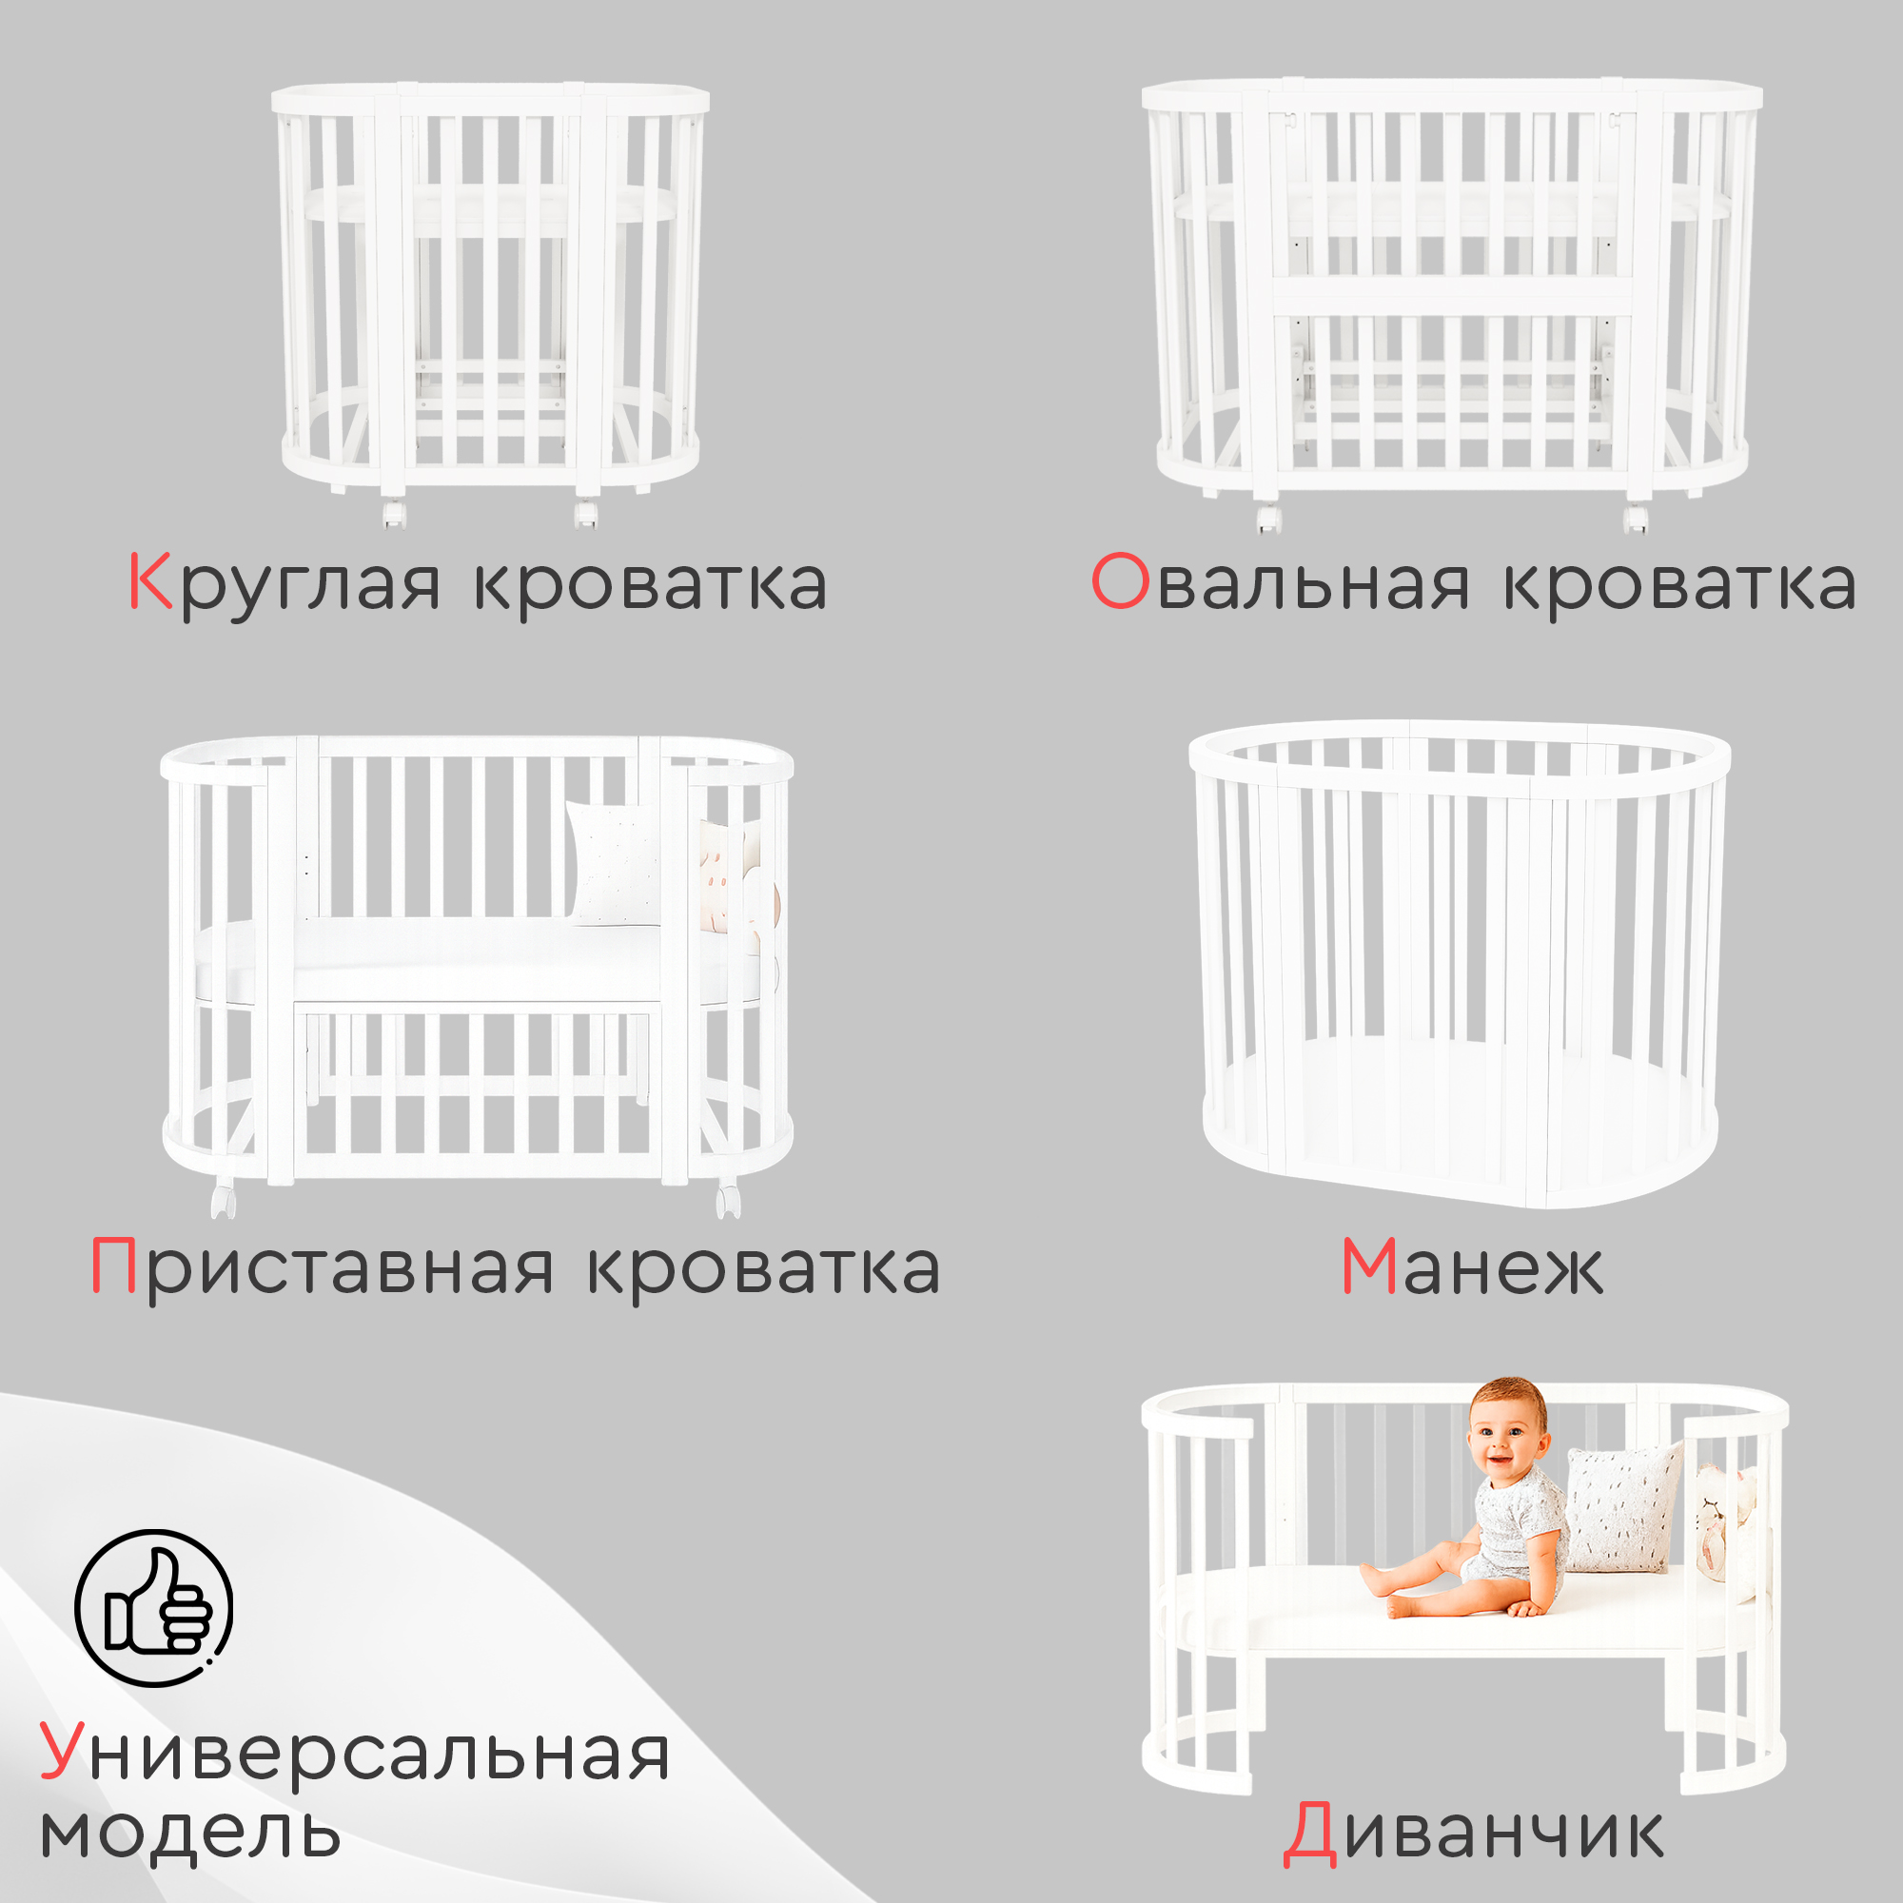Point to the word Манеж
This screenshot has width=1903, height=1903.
[x=1472, y=1266]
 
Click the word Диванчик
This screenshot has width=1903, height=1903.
[x=1474, y=1834]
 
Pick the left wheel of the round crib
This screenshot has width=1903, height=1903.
[x=395, y=514]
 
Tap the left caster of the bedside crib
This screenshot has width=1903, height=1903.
[x=224, y=1201]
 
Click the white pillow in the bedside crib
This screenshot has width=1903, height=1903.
[x=614, y=863]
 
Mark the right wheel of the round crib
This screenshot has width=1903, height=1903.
[x=586, y=514]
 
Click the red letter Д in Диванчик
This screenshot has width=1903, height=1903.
[x=1310, y=1834]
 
